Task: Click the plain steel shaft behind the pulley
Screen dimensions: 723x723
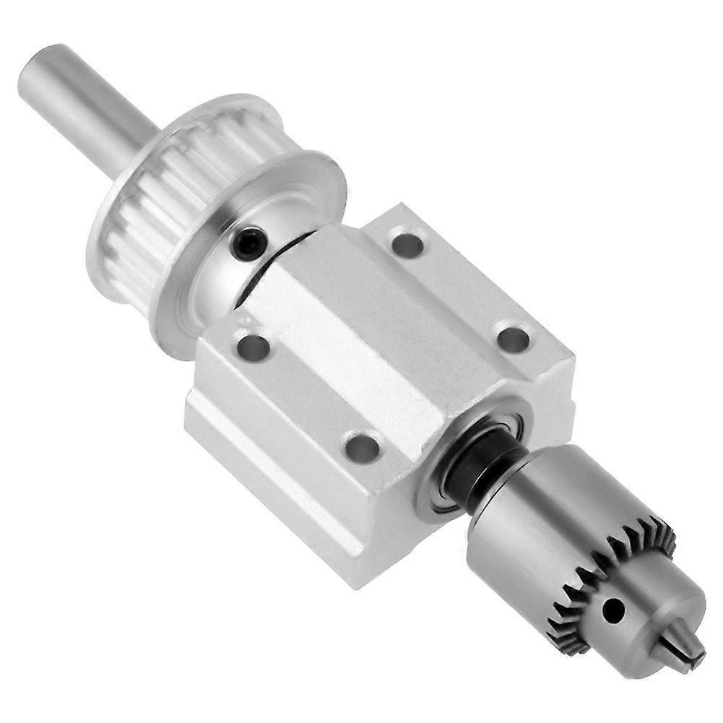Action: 87,108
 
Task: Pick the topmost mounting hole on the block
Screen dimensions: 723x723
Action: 407,244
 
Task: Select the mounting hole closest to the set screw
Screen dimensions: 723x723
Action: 254,347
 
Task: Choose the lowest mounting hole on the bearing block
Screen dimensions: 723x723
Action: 363,448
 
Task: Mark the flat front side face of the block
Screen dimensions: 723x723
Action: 289,469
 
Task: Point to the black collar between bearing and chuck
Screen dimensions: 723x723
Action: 480,469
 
